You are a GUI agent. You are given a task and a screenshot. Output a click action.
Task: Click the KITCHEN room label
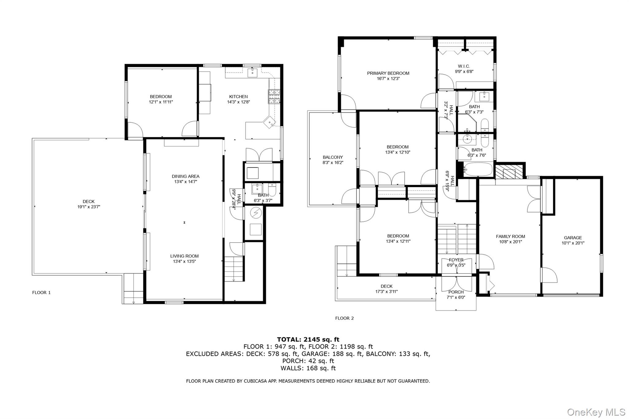(238, 96)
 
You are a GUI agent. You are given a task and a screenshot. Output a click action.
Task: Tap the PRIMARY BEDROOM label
(388, 73)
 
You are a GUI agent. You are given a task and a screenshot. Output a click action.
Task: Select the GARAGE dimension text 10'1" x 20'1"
(573, 243)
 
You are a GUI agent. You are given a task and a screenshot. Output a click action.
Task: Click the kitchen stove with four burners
(274, 96)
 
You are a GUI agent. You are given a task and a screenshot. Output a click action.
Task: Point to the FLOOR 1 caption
(41, 293)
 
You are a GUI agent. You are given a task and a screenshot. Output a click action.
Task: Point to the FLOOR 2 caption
(344, 318)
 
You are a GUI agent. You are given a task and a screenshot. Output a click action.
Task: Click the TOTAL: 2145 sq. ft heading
(308, 339)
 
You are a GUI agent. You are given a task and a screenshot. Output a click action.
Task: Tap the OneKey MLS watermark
(596, 412)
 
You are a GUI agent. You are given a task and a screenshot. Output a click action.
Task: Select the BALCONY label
(333, 157)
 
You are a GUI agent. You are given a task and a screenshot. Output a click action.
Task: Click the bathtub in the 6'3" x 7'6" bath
(478, 169)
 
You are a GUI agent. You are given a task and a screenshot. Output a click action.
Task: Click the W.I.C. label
(464, 66)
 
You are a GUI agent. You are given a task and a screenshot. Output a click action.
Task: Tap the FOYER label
(456, 260)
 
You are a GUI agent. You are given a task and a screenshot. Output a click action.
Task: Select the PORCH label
(456, 292)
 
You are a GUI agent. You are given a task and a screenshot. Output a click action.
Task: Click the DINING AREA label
(185, 176)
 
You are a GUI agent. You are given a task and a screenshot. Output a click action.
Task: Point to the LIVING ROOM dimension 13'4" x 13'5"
(184, 262)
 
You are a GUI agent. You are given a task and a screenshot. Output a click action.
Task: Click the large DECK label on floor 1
(88, 201)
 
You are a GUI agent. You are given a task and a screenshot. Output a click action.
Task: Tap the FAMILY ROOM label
(510, 236)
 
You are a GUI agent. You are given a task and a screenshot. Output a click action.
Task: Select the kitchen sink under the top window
(252, 73)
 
